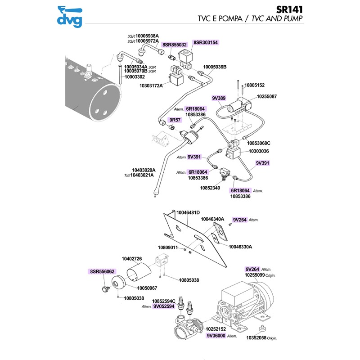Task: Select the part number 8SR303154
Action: click(x=206, y=42)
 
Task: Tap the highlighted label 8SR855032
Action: click(x=174, y=45)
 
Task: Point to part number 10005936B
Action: click(x=215, y=67)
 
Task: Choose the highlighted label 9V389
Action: click(x=218, y=98)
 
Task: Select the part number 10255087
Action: click(x=267, y=97)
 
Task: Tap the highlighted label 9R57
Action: click(x=174, y=120)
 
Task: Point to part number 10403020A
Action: click(x=142, y=170)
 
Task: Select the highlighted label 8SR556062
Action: click(x=102, y=272)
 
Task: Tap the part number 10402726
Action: click(x=132, y=259)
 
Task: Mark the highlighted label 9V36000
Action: click(x=216, y=336)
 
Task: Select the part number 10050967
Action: click(x=147, y=288)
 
